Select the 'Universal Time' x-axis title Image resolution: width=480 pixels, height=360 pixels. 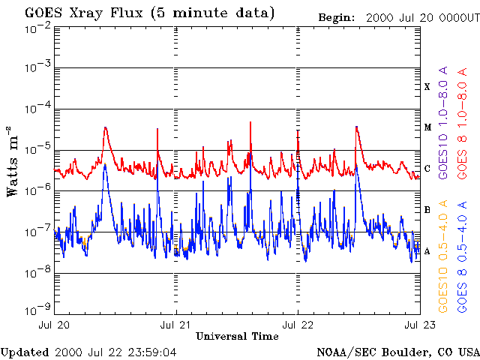click(x=237, y=337)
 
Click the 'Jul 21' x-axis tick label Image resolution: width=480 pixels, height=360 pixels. click(x=176, y=325)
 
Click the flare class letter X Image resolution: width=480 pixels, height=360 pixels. click(x=427, y=87)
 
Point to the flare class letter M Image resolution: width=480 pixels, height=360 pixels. click(x=427, y=127)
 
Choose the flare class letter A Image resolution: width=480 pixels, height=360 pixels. click(x=427, y=251)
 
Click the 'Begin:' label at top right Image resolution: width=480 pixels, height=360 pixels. click(x=339, y=17)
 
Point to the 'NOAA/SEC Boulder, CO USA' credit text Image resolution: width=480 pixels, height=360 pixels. click(x=397, y=352)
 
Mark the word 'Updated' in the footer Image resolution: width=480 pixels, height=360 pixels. click(x=25, y=352)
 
